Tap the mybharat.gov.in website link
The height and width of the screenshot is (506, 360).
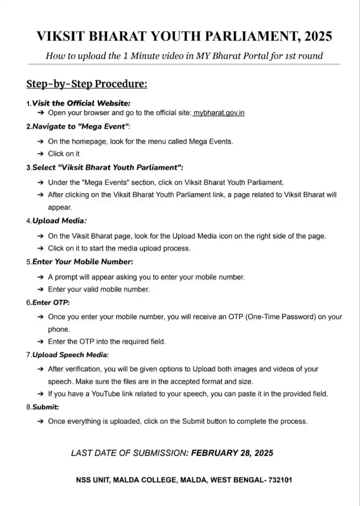[x=219, y=113]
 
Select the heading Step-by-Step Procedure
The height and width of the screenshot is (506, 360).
[x=87, y=84]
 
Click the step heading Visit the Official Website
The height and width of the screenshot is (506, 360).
[x=81, y=103]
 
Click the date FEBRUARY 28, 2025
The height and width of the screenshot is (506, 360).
[x=232, y=453]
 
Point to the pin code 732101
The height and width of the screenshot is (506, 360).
[x=280, y=480]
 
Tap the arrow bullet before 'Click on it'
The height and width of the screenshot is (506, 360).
[x=40, y=154]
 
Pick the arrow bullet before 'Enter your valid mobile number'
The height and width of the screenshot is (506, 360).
[x=40, y=289]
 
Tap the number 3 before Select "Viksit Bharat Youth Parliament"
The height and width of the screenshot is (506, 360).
[x=28, y=168]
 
